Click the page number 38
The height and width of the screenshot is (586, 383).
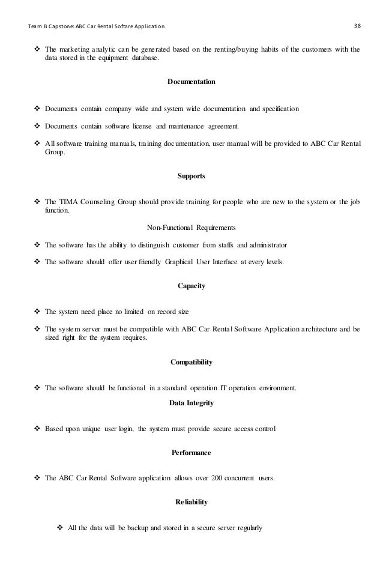(357, 26)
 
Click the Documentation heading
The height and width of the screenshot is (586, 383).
(191, 81)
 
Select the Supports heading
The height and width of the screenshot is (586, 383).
(191, 177)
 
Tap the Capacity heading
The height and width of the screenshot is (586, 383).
(191, 286)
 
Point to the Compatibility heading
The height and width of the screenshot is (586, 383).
(191, 362)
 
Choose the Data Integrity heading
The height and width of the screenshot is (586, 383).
(191, 403)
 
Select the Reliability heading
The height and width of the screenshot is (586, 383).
(191, 503)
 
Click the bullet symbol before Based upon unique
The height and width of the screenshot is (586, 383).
(37, 429)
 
